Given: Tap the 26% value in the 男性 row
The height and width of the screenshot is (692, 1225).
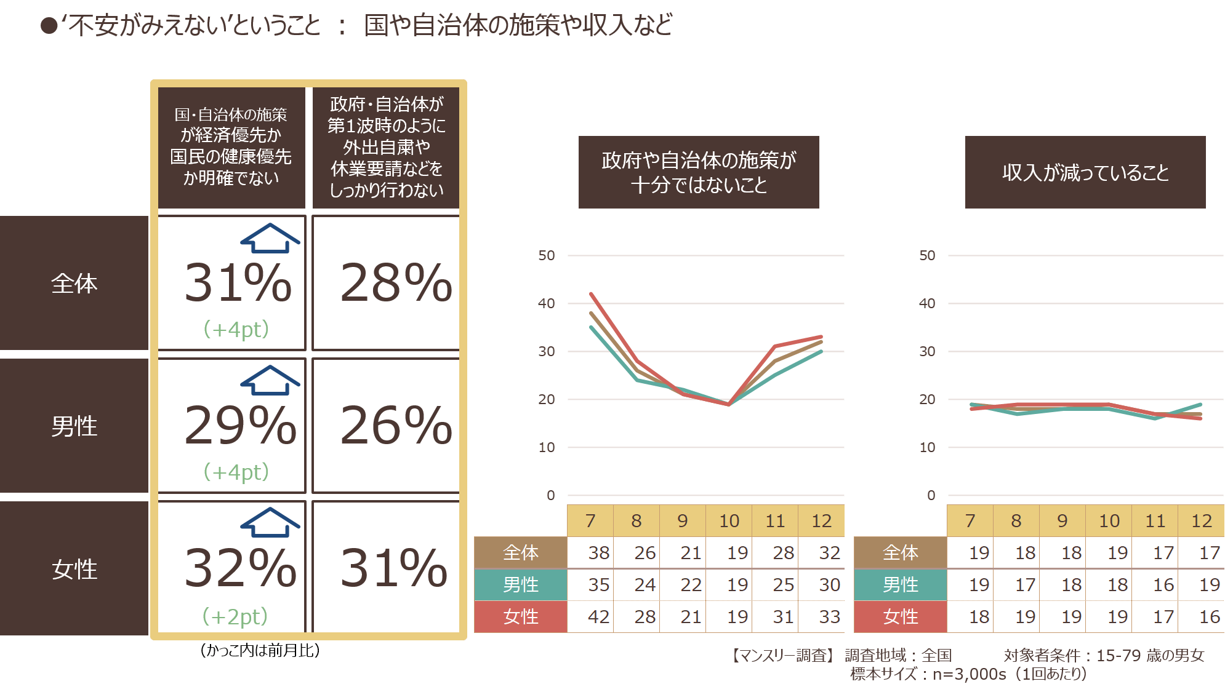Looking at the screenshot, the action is pos(396,425).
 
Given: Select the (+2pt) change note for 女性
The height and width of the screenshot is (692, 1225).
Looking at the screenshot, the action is pos(235,616).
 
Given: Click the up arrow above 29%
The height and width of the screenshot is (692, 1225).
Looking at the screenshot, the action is pos(270,380).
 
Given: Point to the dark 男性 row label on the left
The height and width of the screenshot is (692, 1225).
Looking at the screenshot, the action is pos(74,426).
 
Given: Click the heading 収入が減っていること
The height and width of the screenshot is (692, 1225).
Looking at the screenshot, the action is pos(1085,172).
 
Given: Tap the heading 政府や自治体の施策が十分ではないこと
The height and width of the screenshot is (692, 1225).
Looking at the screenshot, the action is pos(699,172).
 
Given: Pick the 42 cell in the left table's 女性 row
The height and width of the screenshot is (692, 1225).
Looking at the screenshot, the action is pos(598,616).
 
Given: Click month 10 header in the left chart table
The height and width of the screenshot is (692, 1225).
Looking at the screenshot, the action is pos(729,521).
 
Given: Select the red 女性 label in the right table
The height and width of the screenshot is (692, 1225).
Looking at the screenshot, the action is pos(900,616).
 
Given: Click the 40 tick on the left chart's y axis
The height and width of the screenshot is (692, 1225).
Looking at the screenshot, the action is pos(546,303).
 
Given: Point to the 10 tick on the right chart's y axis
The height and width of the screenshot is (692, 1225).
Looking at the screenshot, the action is pos(926,447).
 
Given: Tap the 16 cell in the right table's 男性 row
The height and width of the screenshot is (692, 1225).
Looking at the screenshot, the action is pos(1163,584).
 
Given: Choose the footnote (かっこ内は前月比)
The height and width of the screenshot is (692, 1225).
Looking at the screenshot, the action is pos(260,650).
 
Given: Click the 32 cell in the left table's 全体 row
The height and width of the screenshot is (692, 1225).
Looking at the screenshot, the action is pos(829,552).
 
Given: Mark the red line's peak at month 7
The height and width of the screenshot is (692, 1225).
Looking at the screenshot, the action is pos(591,294).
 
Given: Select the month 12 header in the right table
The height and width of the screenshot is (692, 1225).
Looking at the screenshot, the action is pos(1201,521).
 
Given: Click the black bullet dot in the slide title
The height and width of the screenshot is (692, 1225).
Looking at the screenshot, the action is pos(49,26).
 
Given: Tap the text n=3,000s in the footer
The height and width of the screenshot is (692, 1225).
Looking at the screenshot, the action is pos(969,674).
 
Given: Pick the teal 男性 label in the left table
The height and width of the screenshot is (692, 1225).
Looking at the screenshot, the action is pos(520,584).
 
